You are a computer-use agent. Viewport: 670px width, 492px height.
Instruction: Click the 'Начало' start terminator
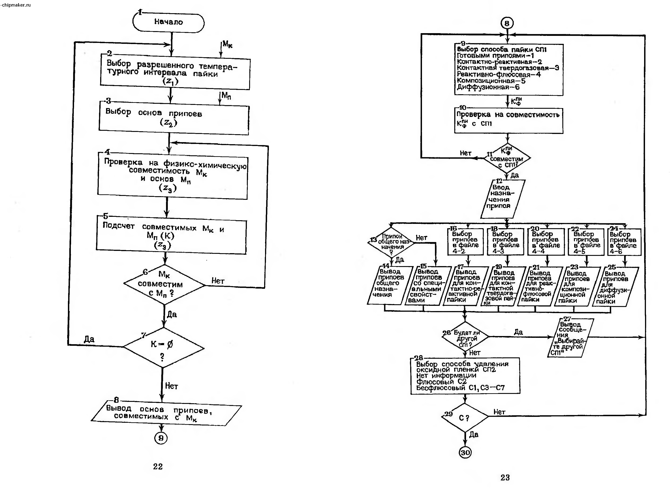tap(168, 22)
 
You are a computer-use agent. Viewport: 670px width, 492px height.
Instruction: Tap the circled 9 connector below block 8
tap(161, 438)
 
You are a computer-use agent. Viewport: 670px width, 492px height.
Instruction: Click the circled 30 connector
tap(465, 453)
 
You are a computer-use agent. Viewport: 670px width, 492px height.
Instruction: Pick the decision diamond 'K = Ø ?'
tap(163, 348)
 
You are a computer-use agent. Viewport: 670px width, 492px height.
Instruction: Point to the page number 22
tap(158, 466)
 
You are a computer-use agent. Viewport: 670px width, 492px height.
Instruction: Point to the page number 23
tap(505, 477)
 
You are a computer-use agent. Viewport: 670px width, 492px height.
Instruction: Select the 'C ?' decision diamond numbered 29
tap(464, 418)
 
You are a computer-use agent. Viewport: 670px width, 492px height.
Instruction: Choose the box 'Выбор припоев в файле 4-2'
tap(465, 242)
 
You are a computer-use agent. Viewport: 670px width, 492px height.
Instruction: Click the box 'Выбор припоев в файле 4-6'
tap(624, 242)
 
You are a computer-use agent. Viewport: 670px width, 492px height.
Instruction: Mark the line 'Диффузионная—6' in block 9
tap(488, 87)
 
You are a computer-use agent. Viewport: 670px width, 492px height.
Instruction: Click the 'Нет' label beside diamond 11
tap(465, 153)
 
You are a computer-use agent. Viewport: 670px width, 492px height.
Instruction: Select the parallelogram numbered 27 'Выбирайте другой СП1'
tap(570, 338)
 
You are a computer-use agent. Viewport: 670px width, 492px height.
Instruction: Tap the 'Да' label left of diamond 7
tap(89, 339)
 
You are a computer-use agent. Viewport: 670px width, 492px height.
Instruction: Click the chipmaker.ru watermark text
tap(16, 5)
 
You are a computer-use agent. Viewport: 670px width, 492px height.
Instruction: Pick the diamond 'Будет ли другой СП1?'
tap(465, 336)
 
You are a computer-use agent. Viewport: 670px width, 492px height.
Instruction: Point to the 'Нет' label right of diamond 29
tap(499, 412)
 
